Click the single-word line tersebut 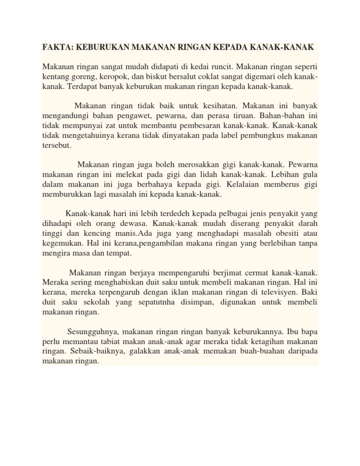pyautogui.click(x=57, y=146)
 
